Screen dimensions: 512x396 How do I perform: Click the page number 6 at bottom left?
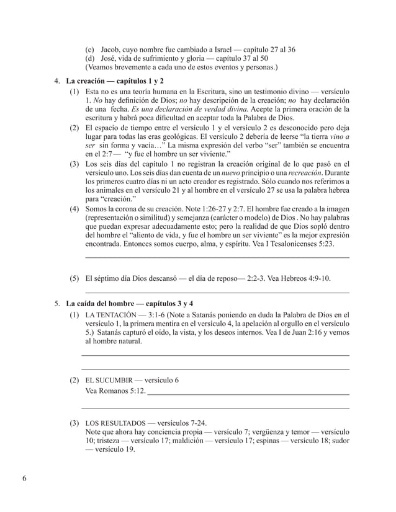[x=24, y=479]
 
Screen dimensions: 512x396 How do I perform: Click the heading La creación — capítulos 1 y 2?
[x=117, y=81]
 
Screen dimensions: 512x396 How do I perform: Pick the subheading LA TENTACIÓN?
[x=111, y=314]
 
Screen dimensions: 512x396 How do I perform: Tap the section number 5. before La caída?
[x=57, y=303]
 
